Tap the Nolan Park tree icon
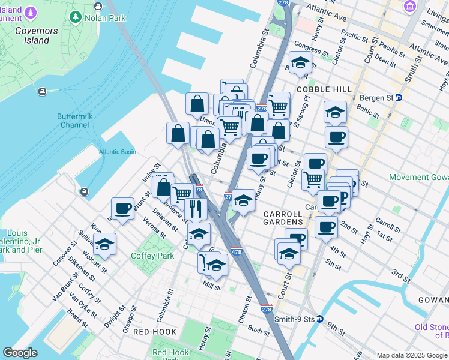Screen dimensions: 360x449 [76, 18]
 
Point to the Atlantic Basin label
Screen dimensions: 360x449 [118, 152]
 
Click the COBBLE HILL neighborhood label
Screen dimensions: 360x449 [324, 89]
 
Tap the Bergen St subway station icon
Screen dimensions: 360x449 [398, 97]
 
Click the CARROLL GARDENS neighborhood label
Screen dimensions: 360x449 [282, 218]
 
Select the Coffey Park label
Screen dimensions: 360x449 [152, 256]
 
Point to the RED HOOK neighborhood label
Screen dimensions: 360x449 [155, 332]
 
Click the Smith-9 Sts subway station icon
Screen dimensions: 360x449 [320, 319]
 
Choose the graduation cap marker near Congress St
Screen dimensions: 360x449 [300, 62]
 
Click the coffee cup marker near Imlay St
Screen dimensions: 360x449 [122, 208]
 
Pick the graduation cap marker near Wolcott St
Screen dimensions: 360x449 [104, 244]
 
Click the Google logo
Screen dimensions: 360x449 [20, 353]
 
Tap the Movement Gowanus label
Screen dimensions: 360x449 [418, 178]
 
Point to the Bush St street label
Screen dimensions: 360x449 [258, 329]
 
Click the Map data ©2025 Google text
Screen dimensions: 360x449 [411, 355]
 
